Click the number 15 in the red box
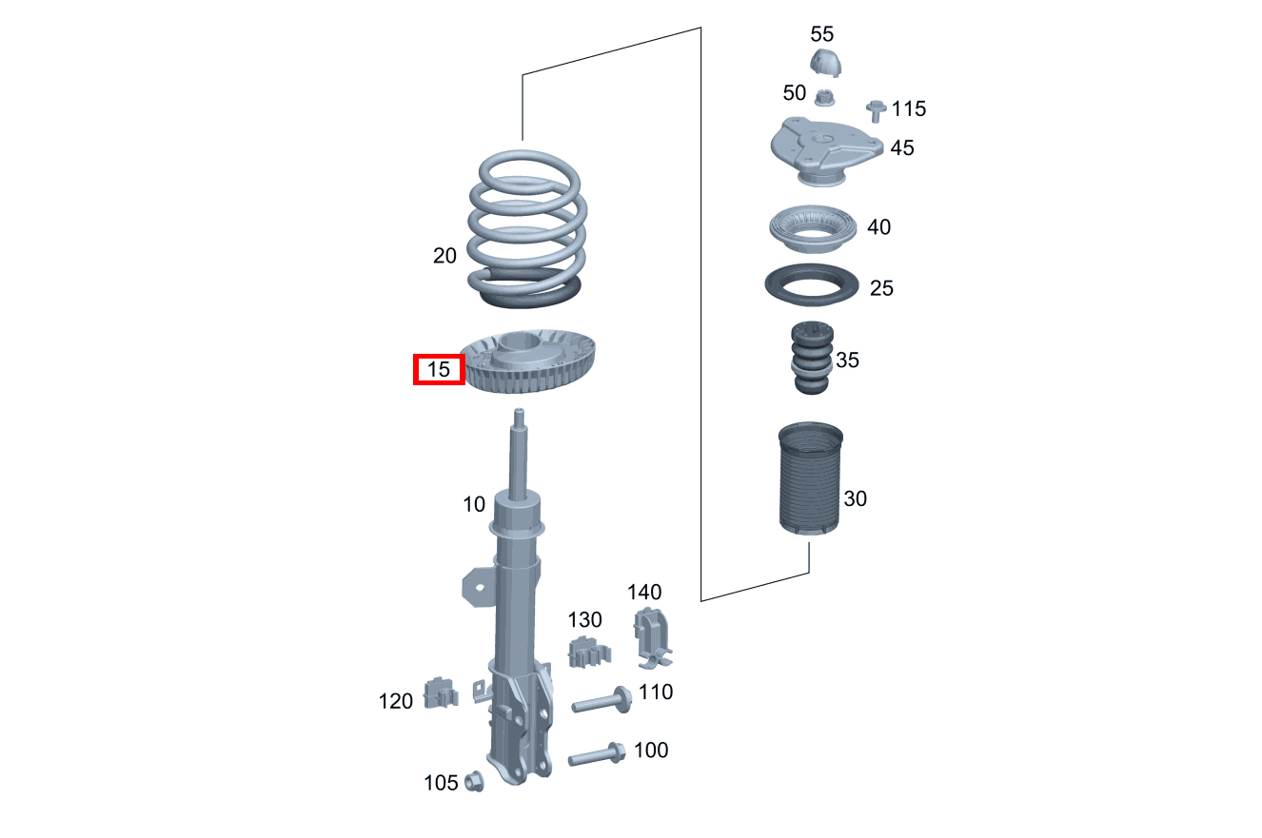click(x=439, y=369)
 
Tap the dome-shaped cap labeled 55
click(x=826, y=62)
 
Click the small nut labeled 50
click(x=825, y=98)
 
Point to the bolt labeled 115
click(x=876, y=110)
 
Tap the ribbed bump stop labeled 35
click(x=812, y=358)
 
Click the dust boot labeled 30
click(x=810, y=478)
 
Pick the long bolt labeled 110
click(x=601, y=701)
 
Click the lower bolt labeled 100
click(x=597, y=755)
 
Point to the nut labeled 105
click(x=474, y=781)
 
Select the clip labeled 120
click(x=441, y=692)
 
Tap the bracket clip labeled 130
click(x=589, y=653)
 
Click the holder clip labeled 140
click(x=652, y=638)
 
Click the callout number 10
click(x=474, y=504)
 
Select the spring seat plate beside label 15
click(x=528, y=361)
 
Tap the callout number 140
click(x=644, y=592)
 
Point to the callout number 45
click(x=902, y=148)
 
